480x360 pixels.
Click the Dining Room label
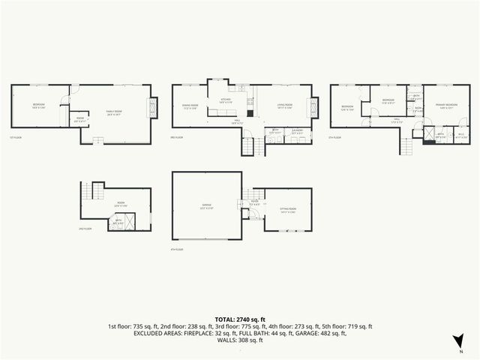coord(189,107)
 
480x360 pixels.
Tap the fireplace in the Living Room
coord(313,109)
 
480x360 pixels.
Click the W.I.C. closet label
coord(462,136)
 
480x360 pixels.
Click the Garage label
coord(206,205)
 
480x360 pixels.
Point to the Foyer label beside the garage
coord(255,202)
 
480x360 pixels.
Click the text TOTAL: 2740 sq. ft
coord(240,319)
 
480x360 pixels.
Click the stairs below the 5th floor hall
coord(407,147)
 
